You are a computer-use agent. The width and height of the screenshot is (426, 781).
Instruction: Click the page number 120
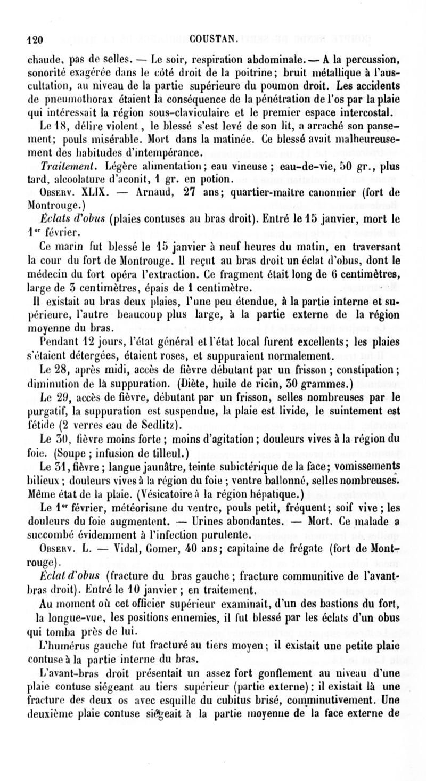(x=35, y=38)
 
